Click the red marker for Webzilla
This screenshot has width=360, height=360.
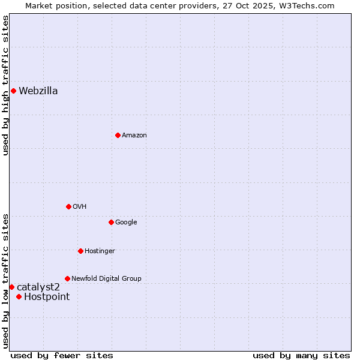pyautogui.click(x=13, y=91)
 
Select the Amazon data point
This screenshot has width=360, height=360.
pyautogui.click(x=118, y=135)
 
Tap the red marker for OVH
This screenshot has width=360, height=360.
pyautogui.click(x=68, y=206)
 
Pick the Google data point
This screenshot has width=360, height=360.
pyautogui.click(x=111, y=222)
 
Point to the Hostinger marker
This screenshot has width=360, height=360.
pyautogui.click(x=80, y=251)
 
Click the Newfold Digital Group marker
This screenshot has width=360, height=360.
pyautogui.click(x=67, y=278)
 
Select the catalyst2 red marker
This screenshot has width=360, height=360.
pyautogui.click(x=11, y=287)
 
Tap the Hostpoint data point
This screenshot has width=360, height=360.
pyautogui.click(x=19, y=296)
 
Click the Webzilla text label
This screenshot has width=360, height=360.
pyautogui.click(x=38, y=91)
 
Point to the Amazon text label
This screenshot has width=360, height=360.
pyautogui.click(x=134, y=136)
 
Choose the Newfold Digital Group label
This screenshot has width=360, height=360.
pyautogui.click(x=106, y=278)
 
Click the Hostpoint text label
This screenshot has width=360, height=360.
pyautogui.click(x=47, y=296)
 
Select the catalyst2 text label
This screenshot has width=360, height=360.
pyautogui.click(x=38, y=287)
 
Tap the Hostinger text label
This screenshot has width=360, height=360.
pyautogui.click(x=100, y=251)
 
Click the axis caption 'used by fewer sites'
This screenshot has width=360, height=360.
pyautogui.click(x=62, y=355)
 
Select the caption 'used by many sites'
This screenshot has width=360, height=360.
pyautogui.click(x=301, y=355)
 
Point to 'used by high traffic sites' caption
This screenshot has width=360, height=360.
pyautogui.click(x=5, y=85)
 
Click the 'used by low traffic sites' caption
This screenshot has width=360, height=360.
pyautogui.click(x=5, y=280)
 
